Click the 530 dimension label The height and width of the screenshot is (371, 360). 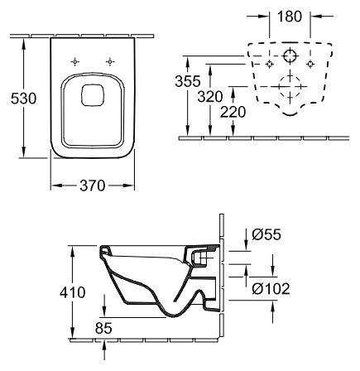[23, 99]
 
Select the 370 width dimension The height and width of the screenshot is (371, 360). [93, 185]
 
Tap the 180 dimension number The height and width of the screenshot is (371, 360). [290, 17]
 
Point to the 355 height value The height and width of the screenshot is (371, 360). [188, 81]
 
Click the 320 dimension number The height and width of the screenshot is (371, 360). [210, 97]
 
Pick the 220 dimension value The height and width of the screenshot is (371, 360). [233, 112]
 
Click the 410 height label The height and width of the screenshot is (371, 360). [73, 292]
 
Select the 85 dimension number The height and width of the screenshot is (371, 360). [103, 328]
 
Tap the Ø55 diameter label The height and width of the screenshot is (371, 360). [266, 234]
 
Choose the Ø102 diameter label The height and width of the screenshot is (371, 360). [271, 289]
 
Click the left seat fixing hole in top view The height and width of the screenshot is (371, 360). [74, 62]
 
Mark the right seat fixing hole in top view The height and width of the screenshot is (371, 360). [110, 62]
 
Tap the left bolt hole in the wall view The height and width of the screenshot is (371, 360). [270, 64]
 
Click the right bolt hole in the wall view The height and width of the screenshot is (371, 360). [310, 64]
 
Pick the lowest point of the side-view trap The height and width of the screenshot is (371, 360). [172, 317]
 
